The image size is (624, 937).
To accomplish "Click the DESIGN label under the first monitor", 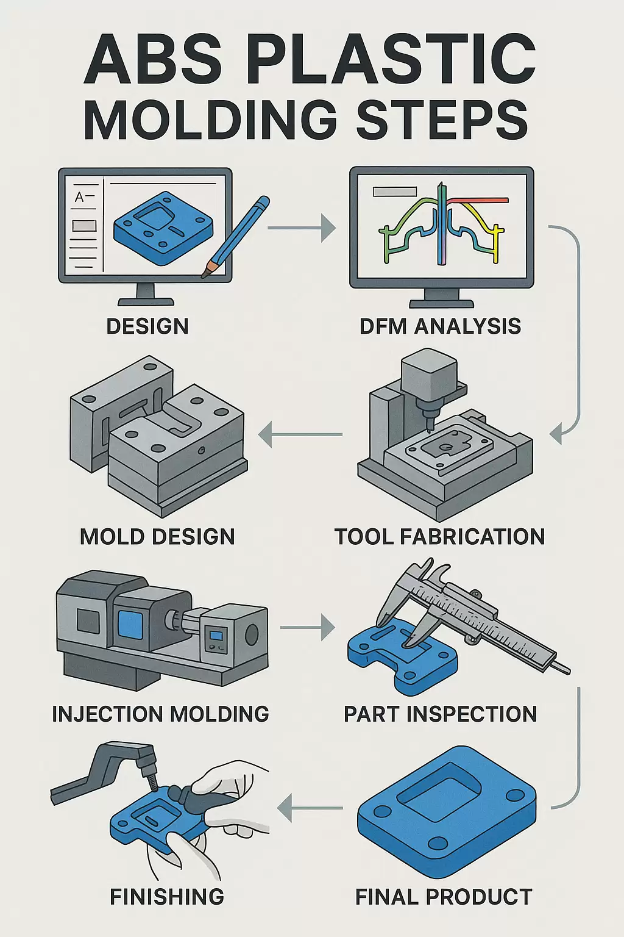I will click(147, 326).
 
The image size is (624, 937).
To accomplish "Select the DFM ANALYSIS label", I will click(440, 326).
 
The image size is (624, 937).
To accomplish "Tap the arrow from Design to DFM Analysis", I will click(301, 228).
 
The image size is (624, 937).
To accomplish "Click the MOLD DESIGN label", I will click(157, 537).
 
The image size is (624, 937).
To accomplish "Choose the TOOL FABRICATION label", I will click(439, 537).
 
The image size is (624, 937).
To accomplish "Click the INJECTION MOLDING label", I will click(160, 714).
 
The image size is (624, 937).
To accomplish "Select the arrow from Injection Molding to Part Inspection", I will click(308, 627).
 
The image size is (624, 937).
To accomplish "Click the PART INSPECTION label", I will click(440, 714).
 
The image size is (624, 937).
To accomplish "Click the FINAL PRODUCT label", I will click(444, 897).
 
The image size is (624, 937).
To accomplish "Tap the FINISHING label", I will click(167, 897).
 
